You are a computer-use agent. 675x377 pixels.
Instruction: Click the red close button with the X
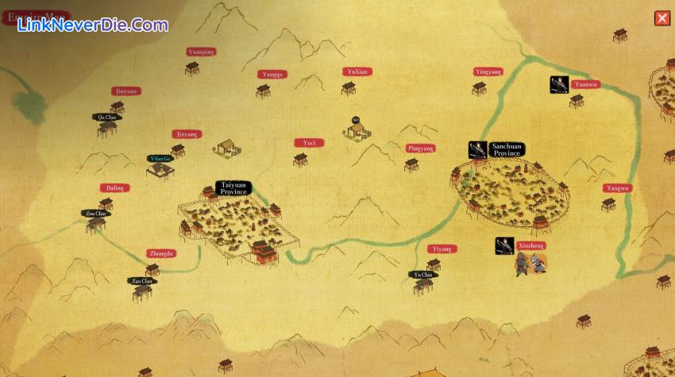tap(661, 18)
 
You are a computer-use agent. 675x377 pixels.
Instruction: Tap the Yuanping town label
tap(201, 52)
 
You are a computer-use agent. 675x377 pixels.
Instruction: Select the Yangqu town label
tap(272, 75)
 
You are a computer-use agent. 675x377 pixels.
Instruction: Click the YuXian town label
tap(357, 71)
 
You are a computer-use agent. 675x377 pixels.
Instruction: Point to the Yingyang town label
tap(488, 72)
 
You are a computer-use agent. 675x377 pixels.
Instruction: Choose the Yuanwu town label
tap(586, 84)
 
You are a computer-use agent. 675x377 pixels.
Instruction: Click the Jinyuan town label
tap(125, 91)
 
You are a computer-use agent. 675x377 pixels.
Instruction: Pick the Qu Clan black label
tap(106, 117)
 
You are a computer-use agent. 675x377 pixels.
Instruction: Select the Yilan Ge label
tap(160, 159)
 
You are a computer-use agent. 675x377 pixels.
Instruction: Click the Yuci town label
tap(309, 143)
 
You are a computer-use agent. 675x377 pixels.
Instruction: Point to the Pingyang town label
tap(421, 148)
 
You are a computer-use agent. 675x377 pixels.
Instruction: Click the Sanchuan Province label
tap(506, 149)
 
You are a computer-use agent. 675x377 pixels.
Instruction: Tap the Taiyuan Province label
tap(234, 189)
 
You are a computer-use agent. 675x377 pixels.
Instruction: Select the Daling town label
tap(114, 188)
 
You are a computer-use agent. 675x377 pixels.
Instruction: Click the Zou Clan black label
tap(96, 214)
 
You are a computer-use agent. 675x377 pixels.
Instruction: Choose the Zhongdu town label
tap(160, 254)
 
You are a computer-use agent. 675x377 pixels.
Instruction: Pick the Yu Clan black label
tap(423, 275)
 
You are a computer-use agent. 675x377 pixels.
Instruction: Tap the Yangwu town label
tap(617, 188)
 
